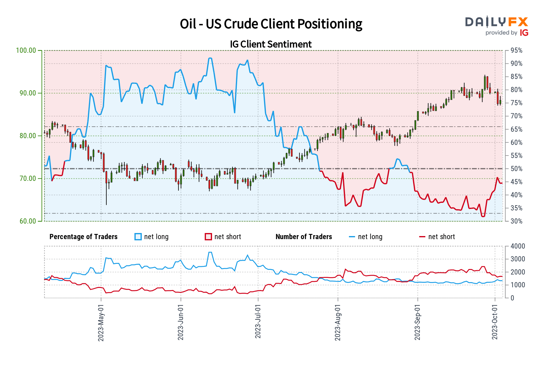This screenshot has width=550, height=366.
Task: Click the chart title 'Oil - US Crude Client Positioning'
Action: pos(271,24)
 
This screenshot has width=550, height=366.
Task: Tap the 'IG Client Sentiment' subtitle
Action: pos(271,44)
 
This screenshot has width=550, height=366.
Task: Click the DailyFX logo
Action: pos(497,22)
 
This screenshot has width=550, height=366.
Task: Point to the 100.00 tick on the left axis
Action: pos(28,50)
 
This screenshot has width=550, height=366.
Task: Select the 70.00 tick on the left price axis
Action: pos(28,178)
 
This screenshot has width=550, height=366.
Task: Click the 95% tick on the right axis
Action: pos(516,51)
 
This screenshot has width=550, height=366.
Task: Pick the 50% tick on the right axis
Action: pos(516,169)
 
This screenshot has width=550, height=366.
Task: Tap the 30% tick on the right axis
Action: pos(516,221)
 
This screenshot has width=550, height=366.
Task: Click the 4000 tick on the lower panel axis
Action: pos(518,246)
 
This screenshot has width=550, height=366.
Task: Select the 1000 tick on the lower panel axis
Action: pos(518,285)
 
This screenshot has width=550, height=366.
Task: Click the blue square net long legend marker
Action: pos(138,237)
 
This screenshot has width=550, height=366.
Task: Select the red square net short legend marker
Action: pos(208,237)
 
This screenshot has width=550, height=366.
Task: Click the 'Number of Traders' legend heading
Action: pos(304,237)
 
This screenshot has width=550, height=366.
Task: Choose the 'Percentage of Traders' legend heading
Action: pos(83,237)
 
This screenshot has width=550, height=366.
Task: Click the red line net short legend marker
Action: pos(422,237)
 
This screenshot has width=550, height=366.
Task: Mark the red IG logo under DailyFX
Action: pos(524,33)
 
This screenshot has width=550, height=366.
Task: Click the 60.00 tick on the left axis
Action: pos(28,221)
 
